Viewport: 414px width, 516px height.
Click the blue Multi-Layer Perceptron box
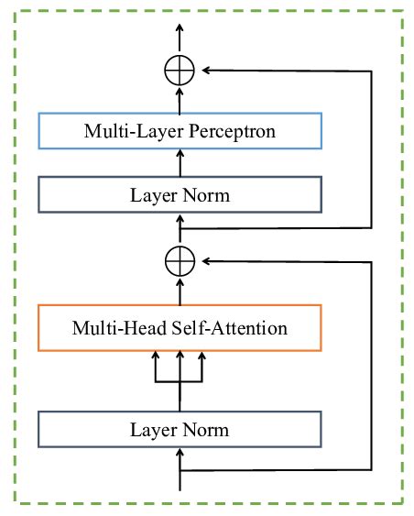coord(180,131)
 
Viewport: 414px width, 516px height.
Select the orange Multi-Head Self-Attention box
coord(180,328)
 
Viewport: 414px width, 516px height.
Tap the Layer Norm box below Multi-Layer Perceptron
coord(180,195)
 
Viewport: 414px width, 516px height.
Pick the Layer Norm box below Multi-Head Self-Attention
coord(180,429)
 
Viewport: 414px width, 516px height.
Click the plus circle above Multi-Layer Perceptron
coord(180,70)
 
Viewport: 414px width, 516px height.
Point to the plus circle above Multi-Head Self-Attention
coord(180,261)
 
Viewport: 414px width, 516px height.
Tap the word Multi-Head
coord(114,328)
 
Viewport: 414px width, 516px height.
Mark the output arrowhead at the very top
coord(180,27)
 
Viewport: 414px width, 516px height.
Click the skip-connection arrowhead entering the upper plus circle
coord(205,70)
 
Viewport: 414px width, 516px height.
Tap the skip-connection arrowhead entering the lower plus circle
coord(205,261)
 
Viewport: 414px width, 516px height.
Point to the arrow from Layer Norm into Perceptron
coord(180,162)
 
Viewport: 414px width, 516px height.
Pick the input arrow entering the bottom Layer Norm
coord(180,458)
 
